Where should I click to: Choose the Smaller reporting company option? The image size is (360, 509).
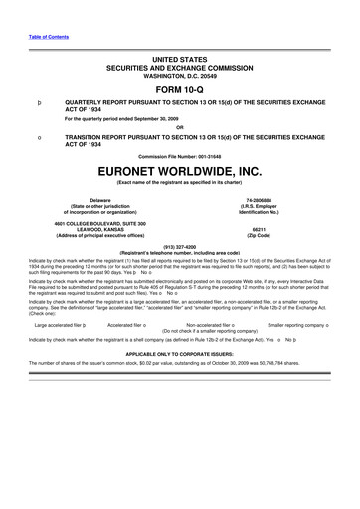click(x=312, y=324)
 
